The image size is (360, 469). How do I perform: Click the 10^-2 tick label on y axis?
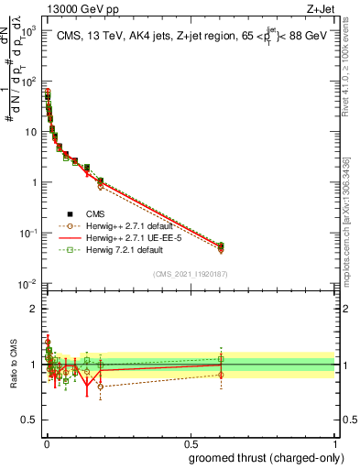[x=26, y=283]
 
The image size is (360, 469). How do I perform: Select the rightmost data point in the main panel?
[x=221, y=245]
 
